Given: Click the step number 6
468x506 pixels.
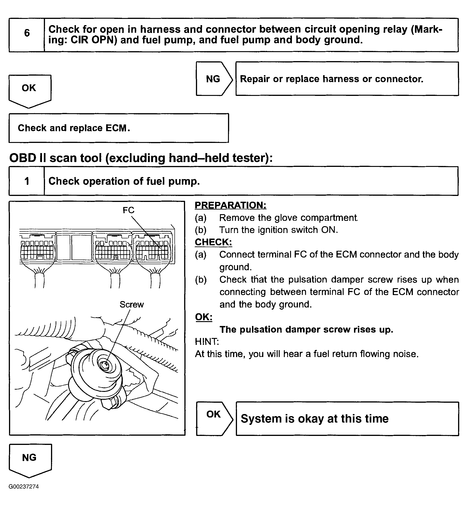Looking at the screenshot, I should pos(27,33).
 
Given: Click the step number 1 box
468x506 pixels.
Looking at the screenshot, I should pos(27,181).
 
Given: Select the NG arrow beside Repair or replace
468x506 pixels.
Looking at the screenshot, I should pos(213,79).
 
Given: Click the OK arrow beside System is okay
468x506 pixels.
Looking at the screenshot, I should pos(214,418).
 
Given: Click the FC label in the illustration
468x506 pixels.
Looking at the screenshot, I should pos(128,210).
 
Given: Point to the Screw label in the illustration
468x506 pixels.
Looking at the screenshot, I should pos(132,304).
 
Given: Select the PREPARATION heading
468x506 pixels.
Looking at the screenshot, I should pos(231,205).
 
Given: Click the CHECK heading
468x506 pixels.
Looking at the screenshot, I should pos(213,242).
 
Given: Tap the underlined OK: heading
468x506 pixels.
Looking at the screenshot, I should pos(204,317).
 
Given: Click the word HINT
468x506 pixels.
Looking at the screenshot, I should pos(207,342).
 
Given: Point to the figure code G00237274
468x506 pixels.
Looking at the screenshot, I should pos(24,486).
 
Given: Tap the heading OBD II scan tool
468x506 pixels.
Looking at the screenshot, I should pos(141,158).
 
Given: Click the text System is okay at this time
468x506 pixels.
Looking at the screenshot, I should pos(315,418).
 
